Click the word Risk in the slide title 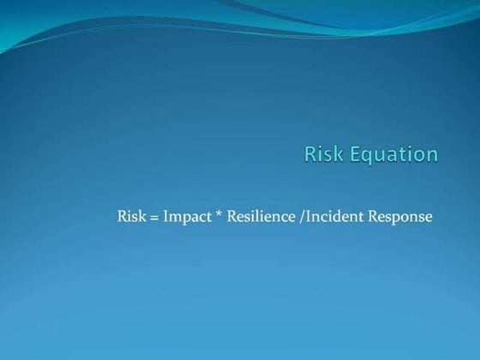tap(321, 154)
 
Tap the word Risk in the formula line tap(132, 216)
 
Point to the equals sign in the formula tap(154, 217)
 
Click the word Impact tap(186, 217)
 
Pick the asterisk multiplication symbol tap(219, 214)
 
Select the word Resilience tap(259, 216)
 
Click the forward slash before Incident tap(297, 216)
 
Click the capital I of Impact tap(165, 216)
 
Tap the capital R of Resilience tap(231, 216)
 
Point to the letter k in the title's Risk tap(333, 154)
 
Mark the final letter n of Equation tap(432, 156)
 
